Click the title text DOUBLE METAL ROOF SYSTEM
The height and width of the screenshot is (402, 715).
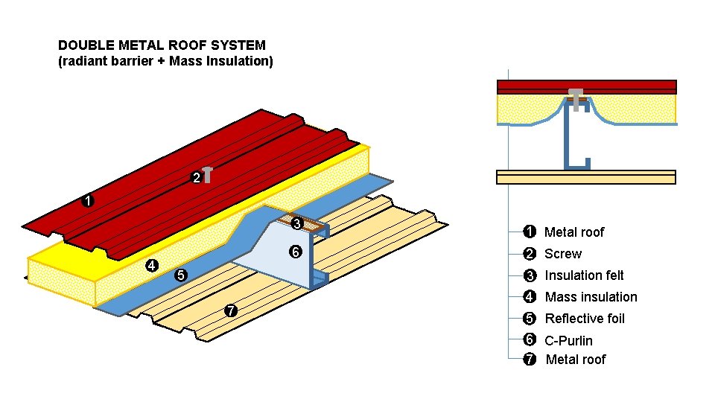162,46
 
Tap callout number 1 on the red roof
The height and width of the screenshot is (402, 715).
88,201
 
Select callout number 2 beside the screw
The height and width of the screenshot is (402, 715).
195,179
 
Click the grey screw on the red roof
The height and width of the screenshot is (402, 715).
208,174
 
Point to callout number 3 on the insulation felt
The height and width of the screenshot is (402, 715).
296,223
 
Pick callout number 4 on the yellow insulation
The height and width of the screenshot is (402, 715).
152,265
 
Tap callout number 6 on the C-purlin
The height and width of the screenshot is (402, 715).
295,252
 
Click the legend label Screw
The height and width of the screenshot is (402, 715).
562,254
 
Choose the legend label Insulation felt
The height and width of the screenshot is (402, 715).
584,275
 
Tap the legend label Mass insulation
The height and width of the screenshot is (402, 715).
591,297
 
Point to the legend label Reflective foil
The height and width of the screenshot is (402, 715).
585,319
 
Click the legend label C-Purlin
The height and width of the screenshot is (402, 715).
568,341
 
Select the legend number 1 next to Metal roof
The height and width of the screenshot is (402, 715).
530,232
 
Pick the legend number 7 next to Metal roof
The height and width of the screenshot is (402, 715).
530,360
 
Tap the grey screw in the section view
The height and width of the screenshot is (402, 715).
575,97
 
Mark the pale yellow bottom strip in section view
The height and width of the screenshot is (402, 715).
585,177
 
